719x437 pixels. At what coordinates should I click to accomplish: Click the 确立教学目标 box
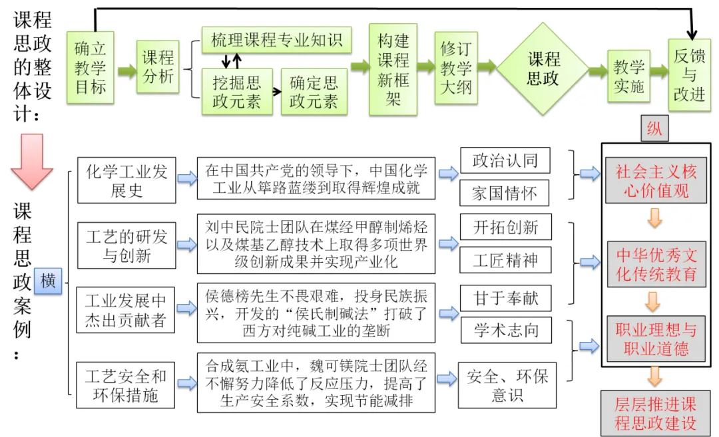90,68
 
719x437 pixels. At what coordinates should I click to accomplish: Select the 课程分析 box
158,68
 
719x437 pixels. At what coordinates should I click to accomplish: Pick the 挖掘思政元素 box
236,92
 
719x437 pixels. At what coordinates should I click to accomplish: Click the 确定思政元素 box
314,92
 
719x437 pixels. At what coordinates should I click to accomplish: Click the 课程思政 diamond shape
543,68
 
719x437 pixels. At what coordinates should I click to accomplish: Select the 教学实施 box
628,76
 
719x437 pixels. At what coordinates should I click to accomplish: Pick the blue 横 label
48,281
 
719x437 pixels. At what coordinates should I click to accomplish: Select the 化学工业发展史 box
126,180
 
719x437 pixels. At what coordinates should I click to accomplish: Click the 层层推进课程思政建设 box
655,413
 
